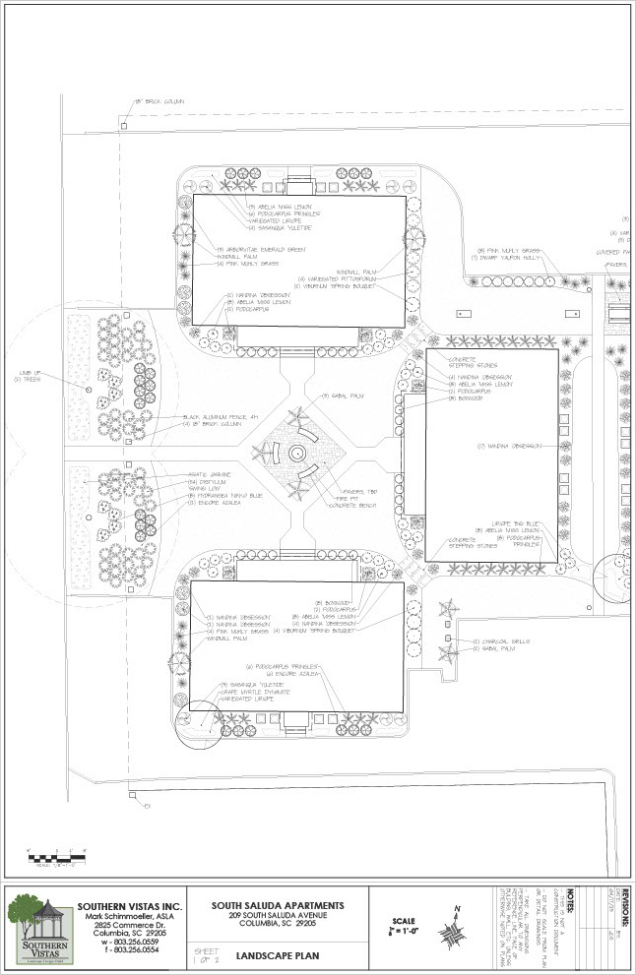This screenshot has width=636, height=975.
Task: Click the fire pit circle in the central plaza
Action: click(296, 454)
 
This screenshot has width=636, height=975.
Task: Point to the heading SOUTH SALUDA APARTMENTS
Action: click(279, 905)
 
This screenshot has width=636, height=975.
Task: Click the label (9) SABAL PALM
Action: click(343, 396)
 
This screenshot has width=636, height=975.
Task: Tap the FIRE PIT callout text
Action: click(350, 498)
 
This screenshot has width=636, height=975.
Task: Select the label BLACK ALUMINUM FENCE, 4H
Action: click(220, 417)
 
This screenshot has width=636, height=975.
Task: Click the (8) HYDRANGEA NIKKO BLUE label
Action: click(221, 494)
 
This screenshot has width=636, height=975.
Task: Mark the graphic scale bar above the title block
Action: click(57, 857)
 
